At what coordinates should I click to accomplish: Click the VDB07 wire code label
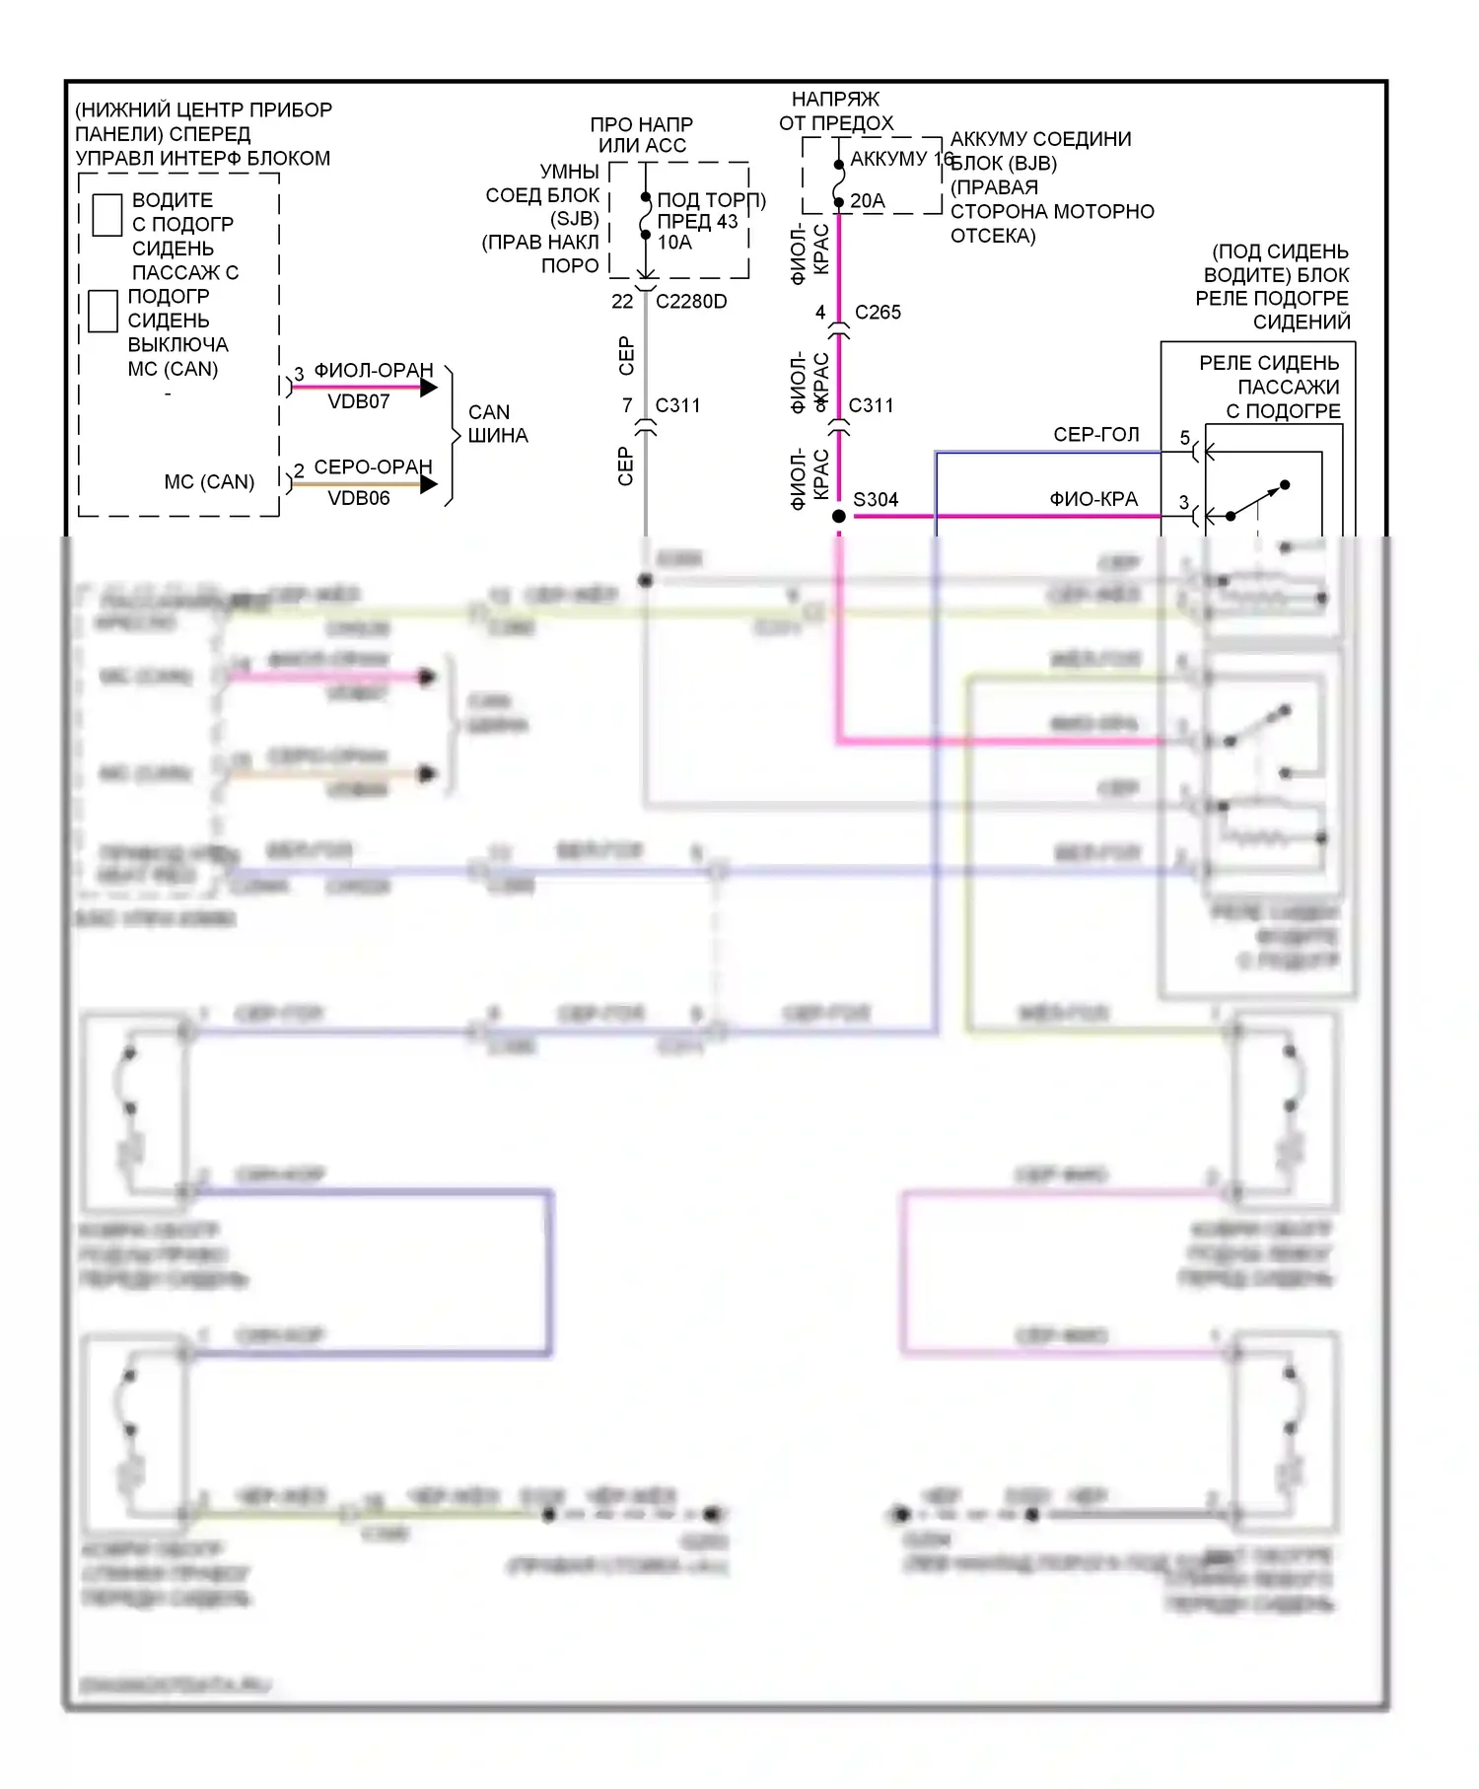pos(359,401)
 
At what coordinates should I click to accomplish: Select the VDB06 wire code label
pos(359,498)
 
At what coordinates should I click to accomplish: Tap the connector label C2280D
pos(691,302)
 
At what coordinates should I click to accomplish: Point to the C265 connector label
pos(878,313)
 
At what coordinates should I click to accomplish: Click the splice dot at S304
pos(839,516)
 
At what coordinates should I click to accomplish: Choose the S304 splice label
pos(876,500)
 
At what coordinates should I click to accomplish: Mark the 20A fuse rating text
pos(868,201)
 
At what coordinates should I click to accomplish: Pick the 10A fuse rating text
pos(674,243)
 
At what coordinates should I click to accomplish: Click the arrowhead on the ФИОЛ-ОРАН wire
pos(429,388)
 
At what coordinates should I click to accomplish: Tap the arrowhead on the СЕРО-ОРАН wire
pos(429,484)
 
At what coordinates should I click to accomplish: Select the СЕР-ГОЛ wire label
pos(1096,435)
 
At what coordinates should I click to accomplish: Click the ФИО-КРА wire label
pos(1093,500)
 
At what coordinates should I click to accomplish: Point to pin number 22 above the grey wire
pos(622,302)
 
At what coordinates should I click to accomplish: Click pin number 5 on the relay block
pos(1185,438)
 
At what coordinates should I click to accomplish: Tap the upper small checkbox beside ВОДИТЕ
pos(106,215)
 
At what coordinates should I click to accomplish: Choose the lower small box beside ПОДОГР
pos(104,311)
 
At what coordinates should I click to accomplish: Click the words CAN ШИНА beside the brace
pos(497,424)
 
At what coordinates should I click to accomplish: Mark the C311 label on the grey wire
pos(677,405)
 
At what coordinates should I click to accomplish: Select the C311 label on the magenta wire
pos(871,405)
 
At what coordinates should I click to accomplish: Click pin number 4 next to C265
pos(820,313)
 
